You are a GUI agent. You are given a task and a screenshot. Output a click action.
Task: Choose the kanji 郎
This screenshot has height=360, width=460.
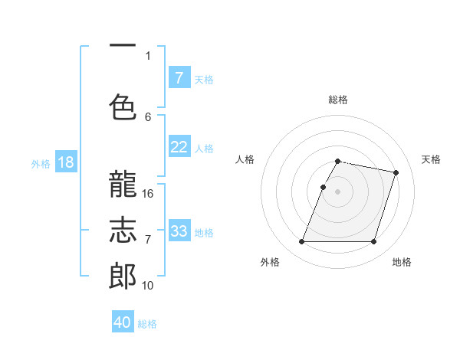[x=123, y=275]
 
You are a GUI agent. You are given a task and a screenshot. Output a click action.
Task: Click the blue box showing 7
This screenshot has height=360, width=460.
[x=179, y=77]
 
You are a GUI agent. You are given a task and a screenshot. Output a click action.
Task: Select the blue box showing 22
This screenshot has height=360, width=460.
[x=179, y=147]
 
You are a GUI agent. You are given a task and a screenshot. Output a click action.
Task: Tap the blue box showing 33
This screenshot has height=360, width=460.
[x=179, y=231]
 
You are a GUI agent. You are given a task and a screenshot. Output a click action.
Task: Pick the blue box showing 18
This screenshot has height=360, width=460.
[x=65, y=162]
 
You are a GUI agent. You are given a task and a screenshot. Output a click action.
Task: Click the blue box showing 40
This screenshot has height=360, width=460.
[x=123, y=322]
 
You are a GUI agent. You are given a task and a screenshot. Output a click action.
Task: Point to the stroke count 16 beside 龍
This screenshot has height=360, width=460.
[x=148, y=194]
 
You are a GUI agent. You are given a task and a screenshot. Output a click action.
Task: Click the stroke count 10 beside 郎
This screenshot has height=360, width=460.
[x=148, y=285]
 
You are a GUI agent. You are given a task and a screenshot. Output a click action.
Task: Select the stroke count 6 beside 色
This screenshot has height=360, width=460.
[x=148, y=116]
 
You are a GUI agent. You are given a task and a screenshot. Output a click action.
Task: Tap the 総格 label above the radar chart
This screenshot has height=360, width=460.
[x=338, y=100]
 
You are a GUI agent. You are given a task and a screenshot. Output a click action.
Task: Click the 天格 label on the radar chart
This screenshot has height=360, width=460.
[x=431, y=159]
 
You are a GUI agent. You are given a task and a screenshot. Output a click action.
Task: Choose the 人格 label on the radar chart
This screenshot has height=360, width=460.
[x=245, y=159]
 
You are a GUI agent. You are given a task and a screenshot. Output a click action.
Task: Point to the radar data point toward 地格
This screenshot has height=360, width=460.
[x=373, y=242]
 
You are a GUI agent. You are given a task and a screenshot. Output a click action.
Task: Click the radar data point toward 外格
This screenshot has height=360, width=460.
[x=302, y=242]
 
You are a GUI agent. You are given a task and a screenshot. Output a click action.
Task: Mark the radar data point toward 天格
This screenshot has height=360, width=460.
[x=396, y=173]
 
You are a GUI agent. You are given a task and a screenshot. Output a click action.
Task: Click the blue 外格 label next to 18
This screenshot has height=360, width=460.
[x=40, y=163]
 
